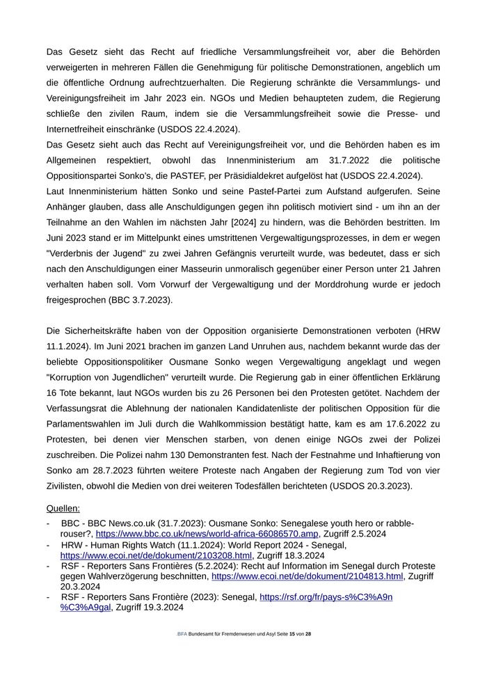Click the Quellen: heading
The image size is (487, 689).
[63, 509]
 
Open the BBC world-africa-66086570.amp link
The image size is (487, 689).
[207, 534]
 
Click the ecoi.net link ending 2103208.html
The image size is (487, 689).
[156, 555]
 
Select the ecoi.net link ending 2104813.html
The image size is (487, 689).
[307, 576]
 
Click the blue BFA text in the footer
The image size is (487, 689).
[182, 634]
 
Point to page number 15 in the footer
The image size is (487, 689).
[292, 634]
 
